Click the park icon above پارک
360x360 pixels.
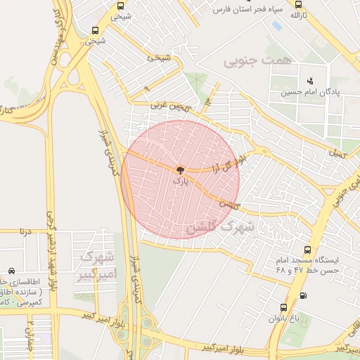tap(180, 169)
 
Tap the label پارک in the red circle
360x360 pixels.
tap(181, 181)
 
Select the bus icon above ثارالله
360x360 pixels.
tap(298, 4)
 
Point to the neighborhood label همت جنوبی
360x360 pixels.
tap(257, 62)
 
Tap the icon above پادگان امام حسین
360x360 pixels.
tap(310, 80)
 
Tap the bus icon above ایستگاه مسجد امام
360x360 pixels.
tap(307, 250)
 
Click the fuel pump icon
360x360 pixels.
tap(303, 295)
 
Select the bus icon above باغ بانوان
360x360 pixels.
tap(283, 307)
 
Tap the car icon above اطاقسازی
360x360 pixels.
tap(12, 271)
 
